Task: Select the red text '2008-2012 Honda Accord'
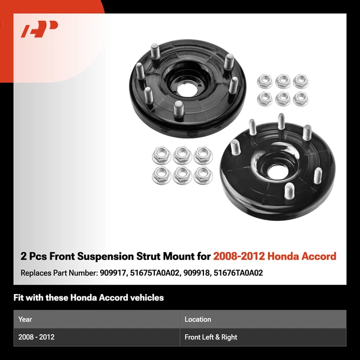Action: click(274, 256)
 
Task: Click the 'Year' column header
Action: click(25, 319)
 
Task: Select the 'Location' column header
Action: click(198, 319)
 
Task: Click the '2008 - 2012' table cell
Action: click(37, 337)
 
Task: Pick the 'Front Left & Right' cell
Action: click(211, 337)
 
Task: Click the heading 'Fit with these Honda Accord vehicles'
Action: click(88, 298)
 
